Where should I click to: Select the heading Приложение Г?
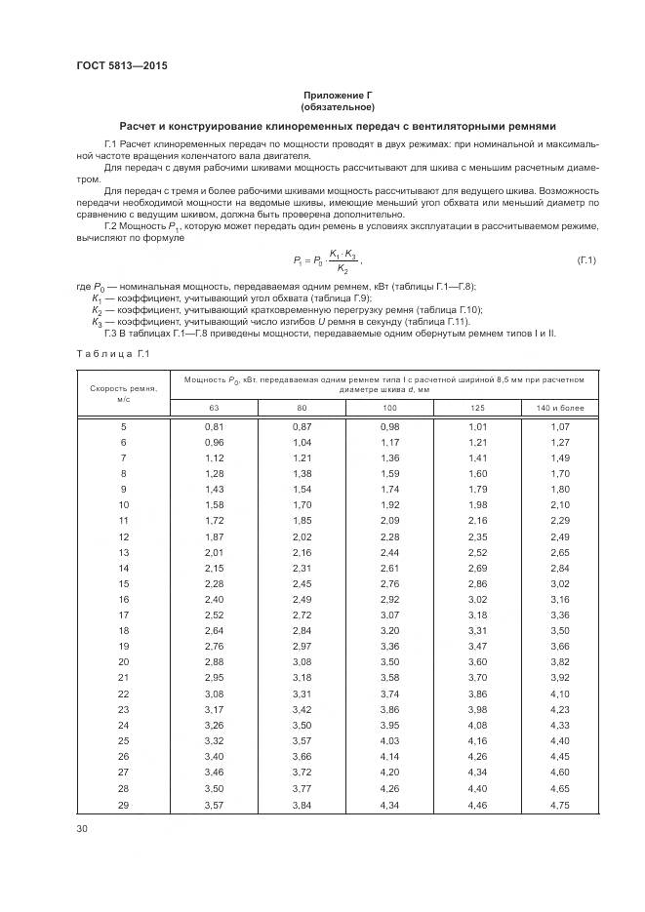[x=338, y=96]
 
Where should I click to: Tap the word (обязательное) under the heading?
[x=338, y=106]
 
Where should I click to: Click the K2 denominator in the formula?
[x=342, y=268]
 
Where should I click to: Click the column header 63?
[x=214, y=408]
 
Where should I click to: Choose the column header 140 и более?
[x=559, y=408]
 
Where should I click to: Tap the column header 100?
[x=389, y=408]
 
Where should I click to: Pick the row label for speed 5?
[x=123, y=427]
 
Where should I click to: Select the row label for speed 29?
[x=123, y=806]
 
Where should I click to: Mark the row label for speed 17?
[x=123, y=616]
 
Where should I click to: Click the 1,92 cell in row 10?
[x=389, y=506]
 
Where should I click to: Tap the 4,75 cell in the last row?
[x=559, y=806]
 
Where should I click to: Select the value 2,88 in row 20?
[x=214, y=663]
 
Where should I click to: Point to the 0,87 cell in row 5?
[x=302, y=427]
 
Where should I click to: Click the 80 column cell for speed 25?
[x=302, y=743]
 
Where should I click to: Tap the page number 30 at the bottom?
[x=83, y=829]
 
